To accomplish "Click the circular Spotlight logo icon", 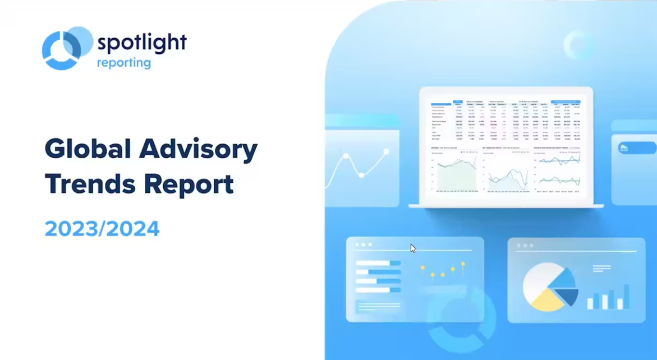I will pos(66,48).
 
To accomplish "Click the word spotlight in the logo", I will pos(141,43).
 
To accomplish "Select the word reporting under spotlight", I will pos(123,62).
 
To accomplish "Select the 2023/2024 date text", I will pos(102,229).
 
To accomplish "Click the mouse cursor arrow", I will pos(413,248).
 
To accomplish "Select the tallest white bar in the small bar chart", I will pos(624,296).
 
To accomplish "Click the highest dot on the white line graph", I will pos(386,151).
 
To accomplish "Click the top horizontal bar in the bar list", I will pos(378,262).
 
